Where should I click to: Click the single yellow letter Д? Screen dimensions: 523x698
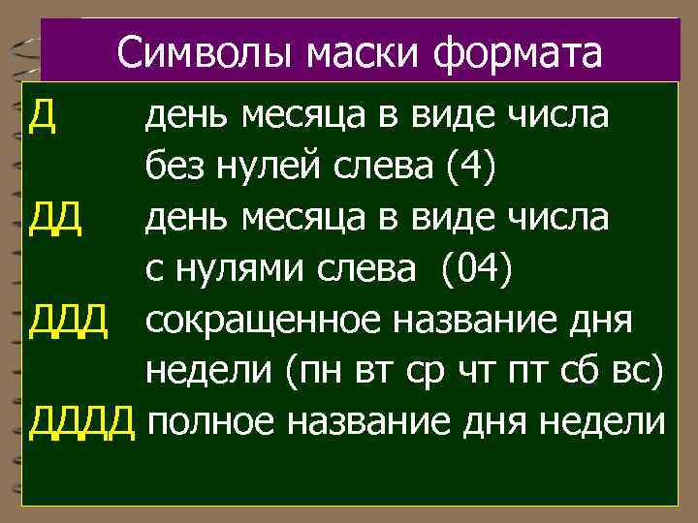point(43,119)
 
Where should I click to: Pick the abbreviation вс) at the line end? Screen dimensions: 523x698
point(643,372)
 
